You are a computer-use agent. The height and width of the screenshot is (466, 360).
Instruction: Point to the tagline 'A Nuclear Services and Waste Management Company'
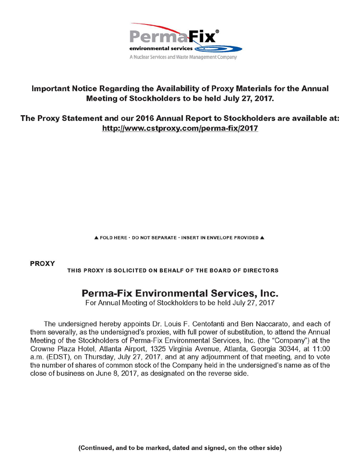tap(183, 57)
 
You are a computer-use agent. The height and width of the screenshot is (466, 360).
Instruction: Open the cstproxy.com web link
tap(180, 129)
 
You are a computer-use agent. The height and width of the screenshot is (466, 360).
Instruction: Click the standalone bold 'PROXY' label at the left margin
tap(42, 263)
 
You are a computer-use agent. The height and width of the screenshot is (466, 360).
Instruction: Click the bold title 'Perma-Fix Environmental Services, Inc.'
tap(180, 292)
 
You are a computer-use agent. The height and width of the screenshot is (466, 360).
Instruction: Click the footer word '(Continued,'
tap(95, 448)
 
